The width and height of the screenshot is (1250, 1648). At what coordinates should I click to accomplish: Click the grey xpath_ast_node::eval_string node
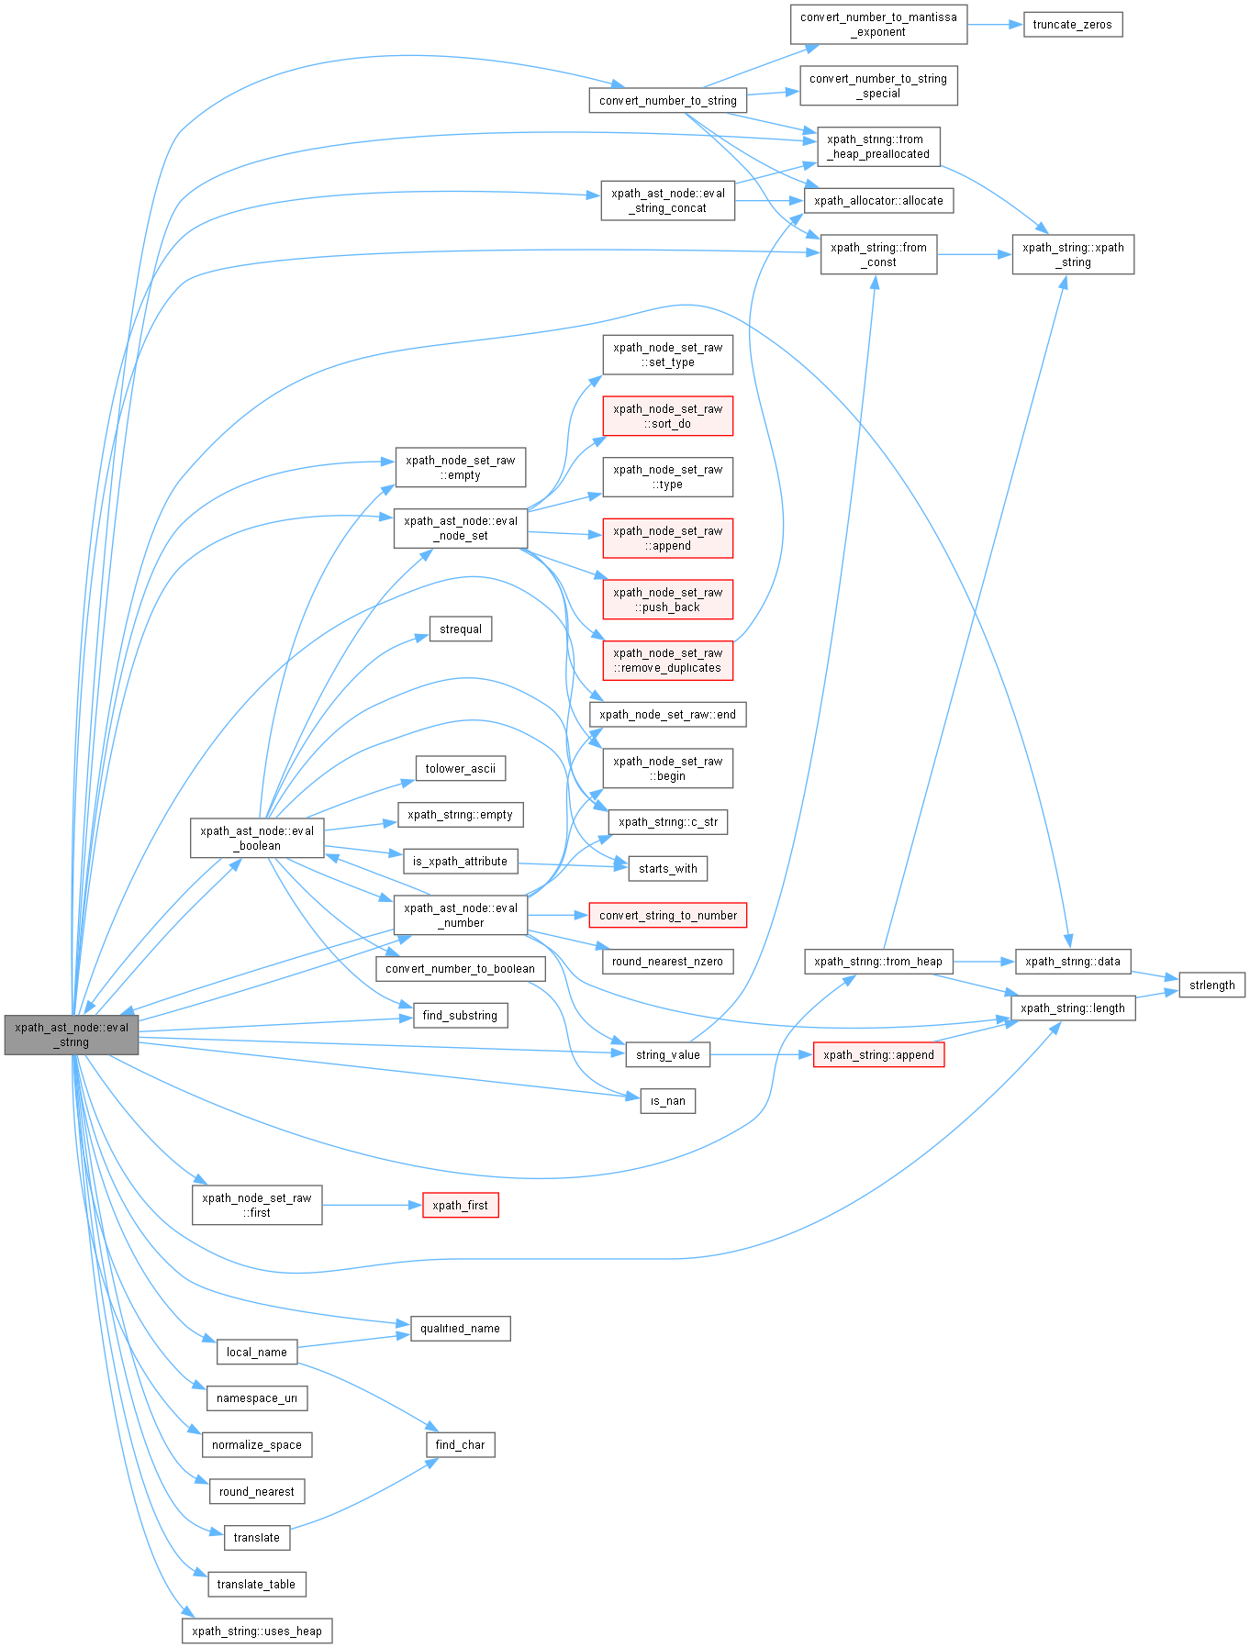(72, 1034)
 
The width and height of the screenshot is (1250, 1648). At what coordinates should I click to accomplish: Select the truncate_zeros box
(1072, 25)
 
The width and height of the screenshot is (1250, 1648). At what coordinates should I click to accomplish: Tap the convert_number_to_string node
(667, 101)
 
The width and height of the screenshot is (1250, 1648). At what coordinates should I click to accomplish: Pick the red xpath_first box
(460, 1205)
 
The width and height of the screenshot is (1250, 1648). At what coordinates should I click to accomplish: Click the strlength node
(1211, 985)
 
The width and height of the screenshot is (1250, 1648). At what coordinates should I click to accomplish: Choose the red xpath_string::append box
(878, 1054)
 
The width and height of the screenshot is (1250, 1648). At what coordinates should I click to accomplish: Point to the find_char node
(460, 1444)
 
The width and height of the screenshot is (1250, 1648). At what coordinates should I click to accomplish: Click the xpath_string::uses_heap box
(257, 1631)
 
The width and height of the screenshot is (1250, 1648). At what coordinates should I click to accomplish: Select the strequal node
(461, 629)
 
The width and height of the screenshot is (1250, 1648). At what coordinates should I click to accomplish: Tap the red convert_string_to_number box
(667, 915)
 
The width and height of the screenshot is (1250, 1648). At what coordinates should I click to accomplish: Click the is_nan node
(667, 1100)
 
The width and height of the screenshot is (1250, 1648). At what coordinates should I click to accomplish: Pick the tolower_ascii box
(460, 768)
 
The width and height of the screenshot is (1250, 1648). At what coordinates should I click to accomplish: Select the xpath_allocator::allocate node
(878, 200)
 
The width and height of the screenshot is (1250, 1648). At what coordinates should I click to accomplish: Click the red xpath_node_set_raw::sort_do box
(667, 417)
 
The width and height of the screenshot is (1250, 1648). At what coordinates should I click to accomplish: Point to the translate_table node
(256, 1584)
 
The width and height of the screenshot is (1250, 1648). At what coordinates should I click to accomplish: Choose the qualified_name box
(460, 1328)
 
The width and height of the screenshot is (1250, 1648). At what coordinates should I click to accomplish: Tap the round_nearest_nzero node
(667, 961)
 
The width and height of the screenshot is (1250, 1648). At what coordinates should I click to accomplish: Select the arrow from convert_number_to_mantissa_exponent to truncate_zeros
(995, 25)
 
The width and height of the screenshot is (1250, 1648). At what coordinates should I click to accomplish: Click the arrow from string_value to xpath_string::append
(762, 1054)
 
